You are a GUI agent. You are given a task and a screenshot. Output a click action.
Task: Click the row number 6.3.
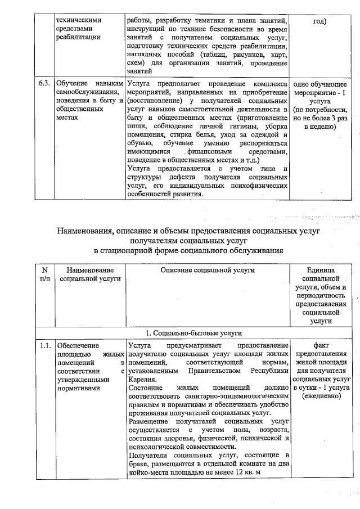(45, 83)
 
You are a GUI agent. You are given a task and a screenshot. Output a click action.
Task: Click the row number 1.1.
(45, 345)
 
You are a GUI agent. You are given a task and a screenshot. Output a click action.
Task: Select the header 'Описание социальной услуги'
(208, 270)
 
